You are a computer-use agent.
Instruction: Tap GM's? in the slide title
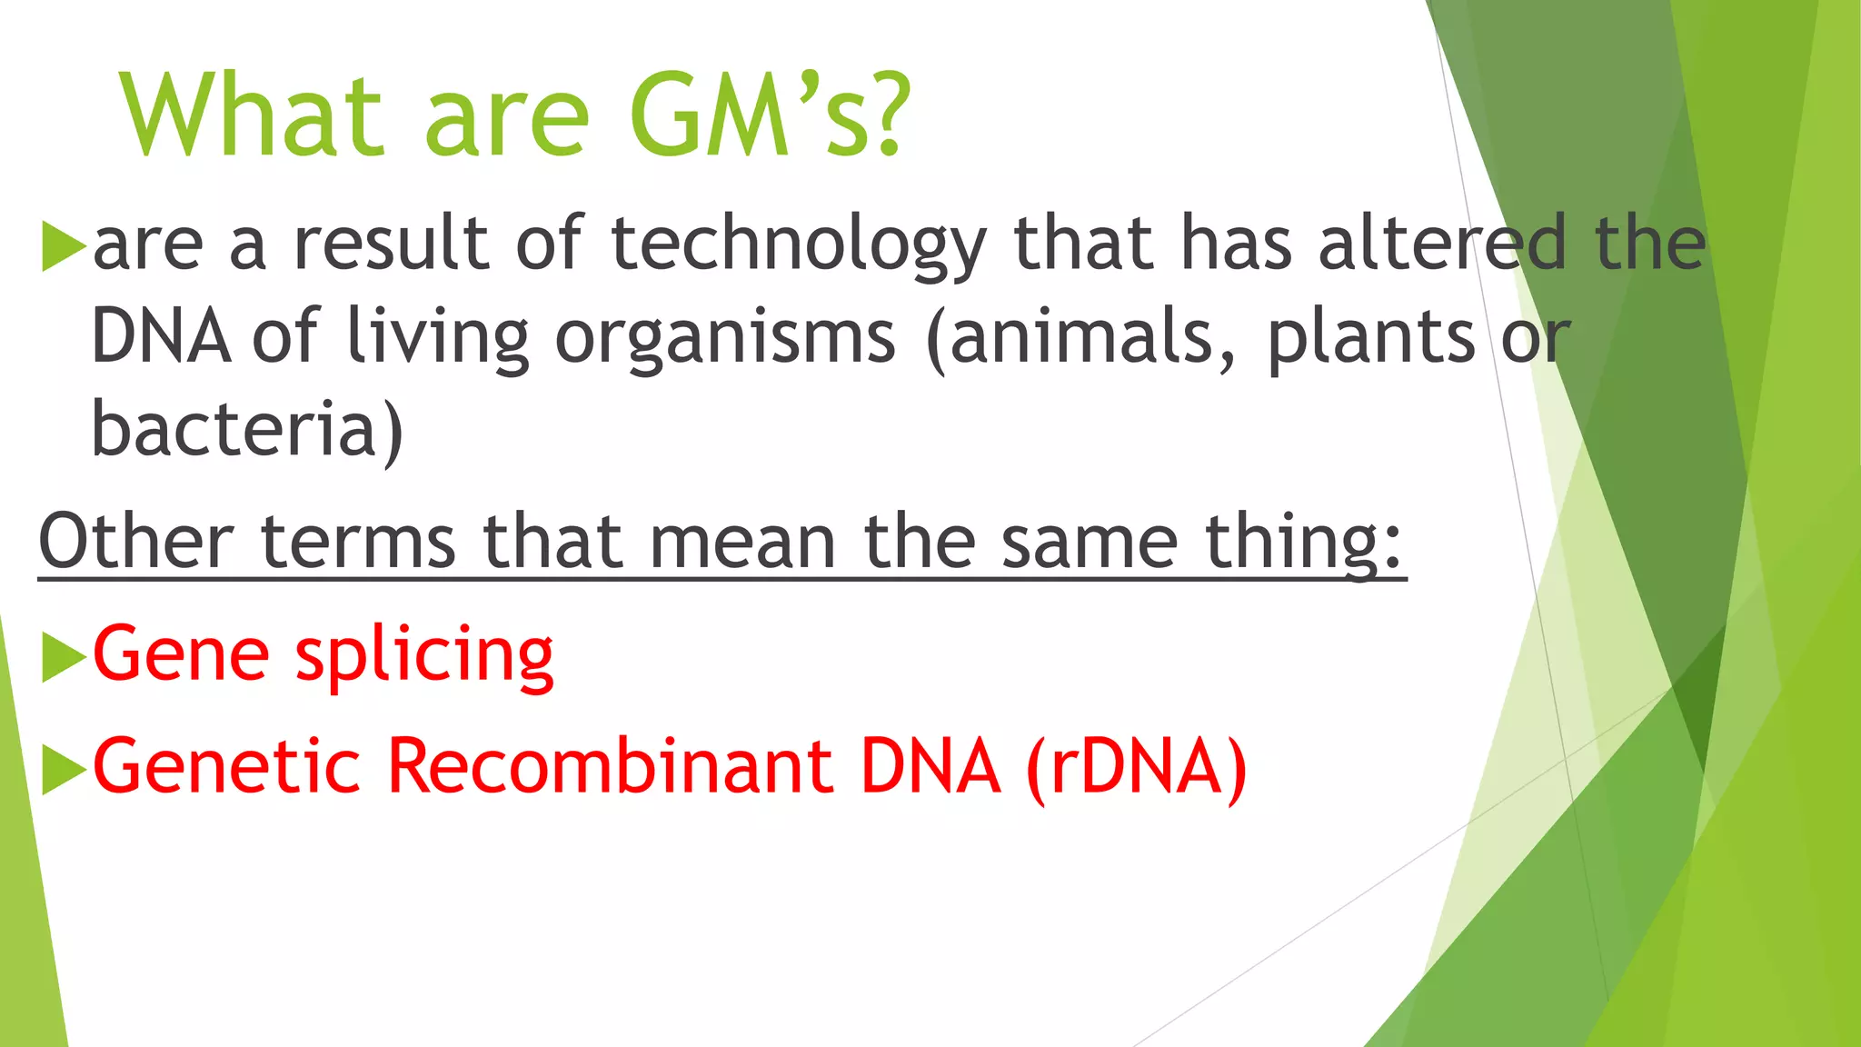769,115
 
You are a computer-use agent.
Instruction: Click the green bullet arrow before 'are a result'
63,245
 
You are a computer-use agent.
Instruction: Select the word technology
798,245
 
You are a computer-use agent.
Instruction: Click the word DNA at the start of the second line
161,337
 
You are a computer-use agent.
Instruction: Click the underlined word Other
136,542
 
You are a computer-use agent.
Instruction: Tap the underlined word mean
741,542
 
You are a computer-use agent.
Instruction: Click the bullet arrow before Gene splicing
63,656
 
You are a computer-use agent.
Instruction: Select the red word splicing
424,657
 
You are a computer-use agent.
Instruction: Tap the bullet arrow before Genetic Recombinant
63,769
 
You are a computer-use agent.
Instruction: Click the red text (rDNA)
1136,768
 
